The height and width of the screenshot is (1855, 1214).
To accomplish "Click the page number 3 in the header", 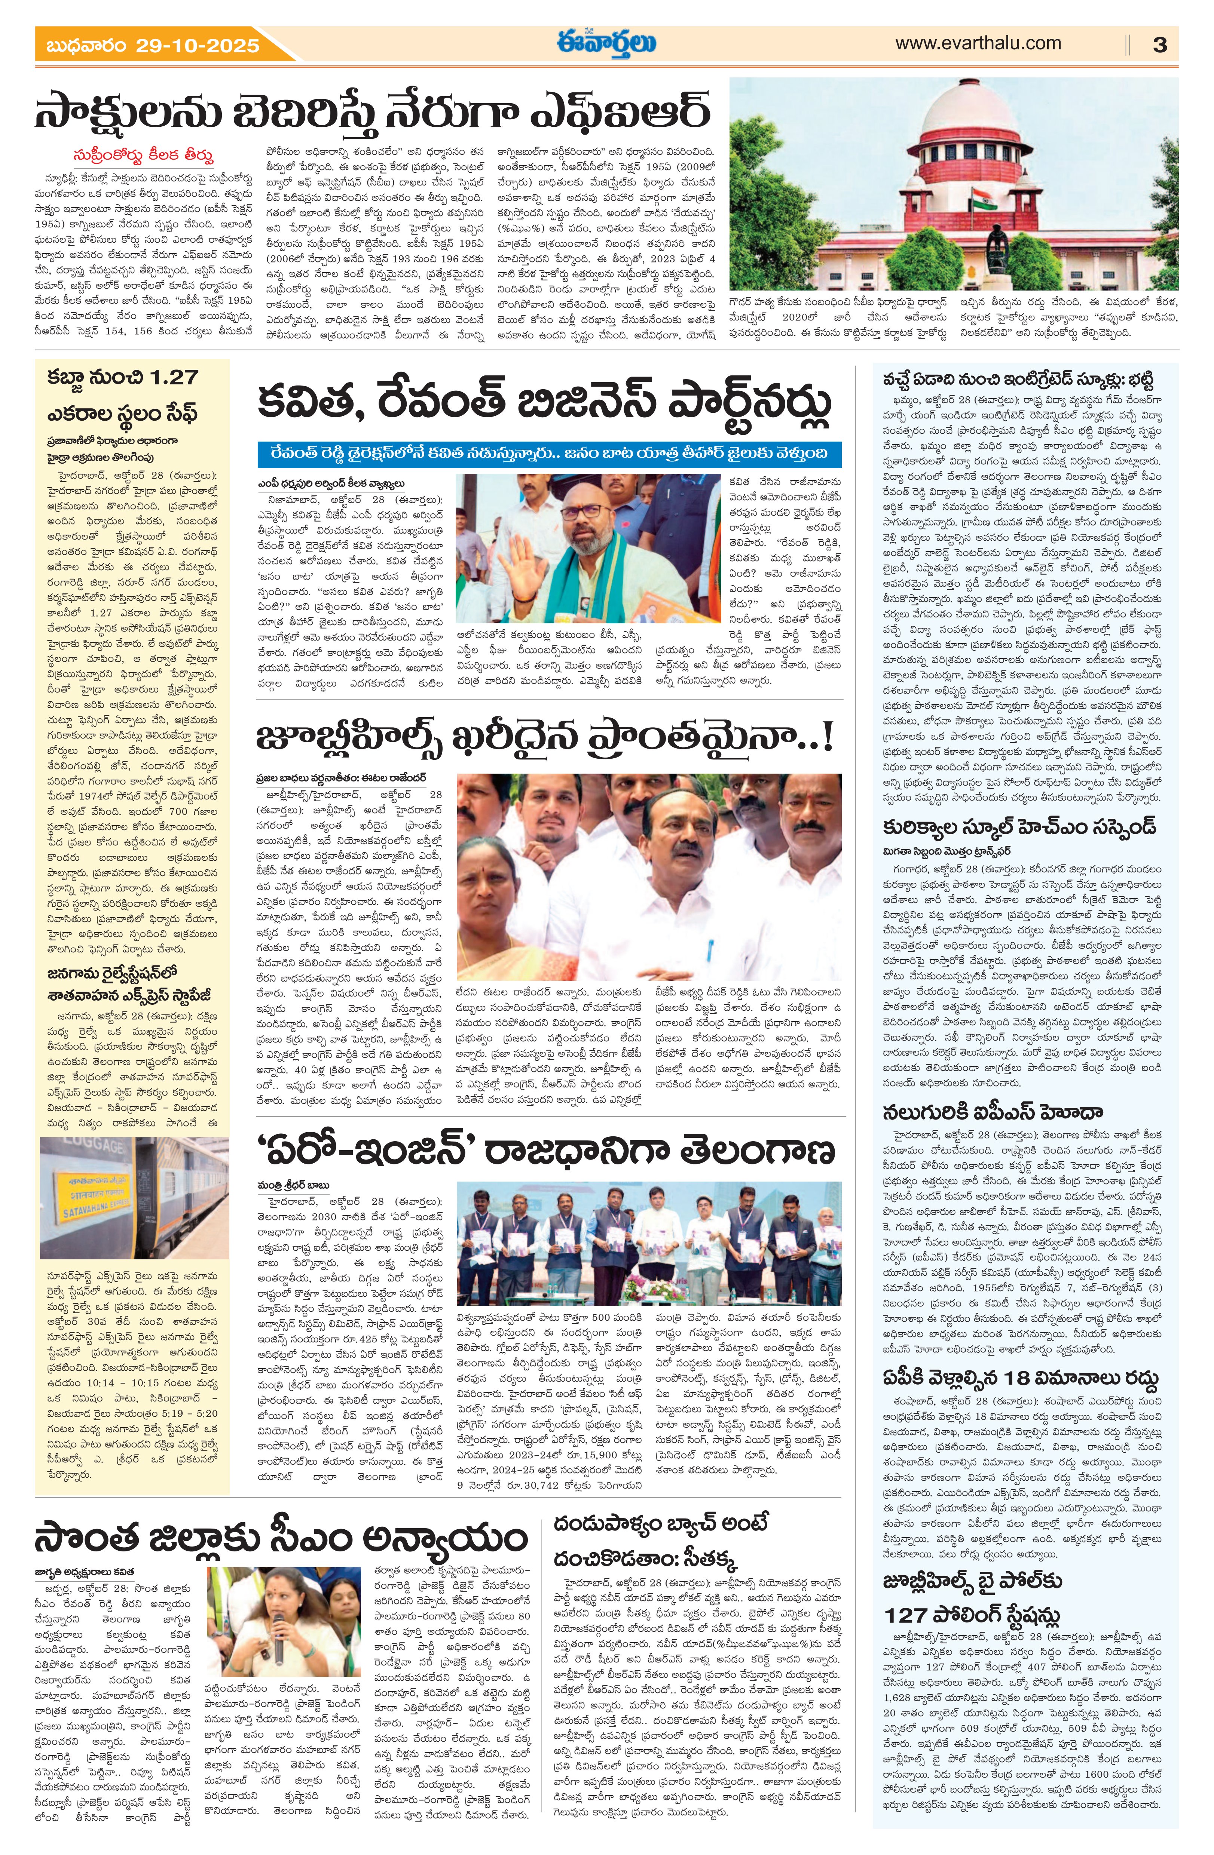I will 1159,45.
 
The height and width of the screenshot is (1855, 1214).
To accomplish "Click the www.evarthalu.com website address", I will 977,44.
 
